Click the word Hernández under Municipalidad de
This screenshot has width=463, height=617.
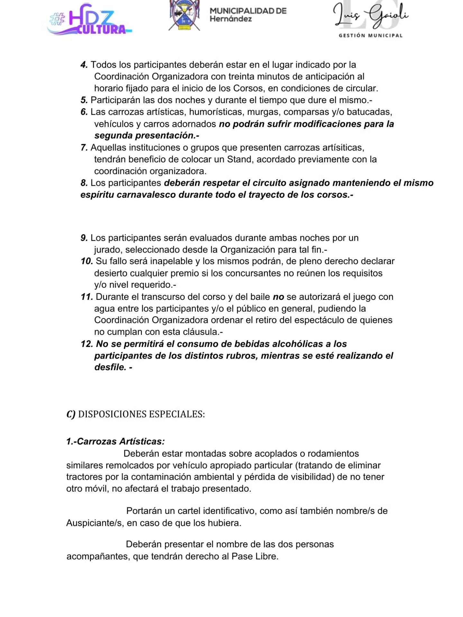pyautogui.click(x=231, y=19)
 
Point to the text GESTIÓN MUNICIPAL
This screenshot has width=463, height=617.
pyautogui.click(x=370, y=36)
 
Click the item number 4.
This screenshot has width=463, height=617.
pyautogui.click(x=84, y=65)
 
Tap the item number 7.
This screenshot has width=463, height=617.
pyautogui.click(x=84, y=148)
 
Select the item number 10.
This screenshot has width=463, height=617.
pyautogui.click(x=87, y=261)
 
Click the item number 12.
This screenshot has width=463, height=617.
pyautogui.click(x=87, y=344)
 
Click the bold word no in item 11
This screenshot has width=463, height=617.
pyautogui.click(x=278, y=297)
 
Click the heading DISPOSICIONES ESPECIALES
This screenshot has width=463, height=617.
pyautogui.click(x=141, y=414)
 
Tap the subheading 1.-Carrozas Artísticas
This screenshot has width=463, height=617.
pyautogui.click(x=115, y=442)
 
